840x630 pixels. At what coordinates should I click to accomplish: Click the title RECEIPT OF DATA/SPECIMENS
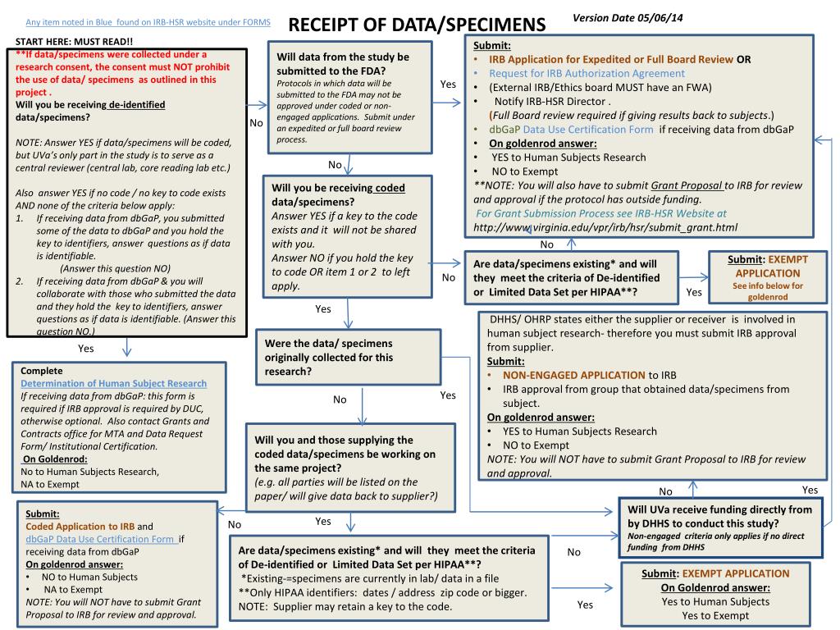click(417, 25)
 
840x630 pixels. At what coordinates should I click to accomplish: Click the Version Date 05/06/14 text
click(628, 18)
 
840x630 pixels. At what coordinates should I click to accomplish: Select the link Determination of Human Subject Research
click(114, 383)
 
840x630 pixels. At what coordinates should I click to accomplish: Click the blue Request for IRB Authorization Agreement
click(587, 73)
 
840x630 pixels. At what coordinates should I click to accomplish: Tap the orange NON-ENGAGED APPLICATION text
click(574, 375)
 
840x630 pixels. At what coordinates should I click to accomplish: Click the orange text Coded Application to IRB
click(80, 526)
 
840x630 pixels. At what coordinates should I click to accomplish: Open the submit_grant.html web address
click(605, 226)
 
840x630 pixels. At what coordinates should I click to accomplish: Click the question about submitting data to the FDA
click(343, 63)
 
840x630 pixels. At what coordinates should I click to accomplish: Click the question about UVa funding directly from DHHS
click(719, 516)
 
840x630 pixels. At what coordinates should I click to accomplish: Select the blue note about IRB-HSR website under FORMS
click(148, 21)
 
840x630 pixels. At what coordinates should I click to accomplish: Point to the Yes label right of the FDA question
click(448, 84)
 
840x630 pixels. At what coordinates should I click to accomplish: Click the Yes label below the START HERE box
click(85, 348)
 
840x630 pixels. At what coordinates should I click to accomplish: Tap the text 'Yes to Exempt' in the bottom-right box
click(715, 615)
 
